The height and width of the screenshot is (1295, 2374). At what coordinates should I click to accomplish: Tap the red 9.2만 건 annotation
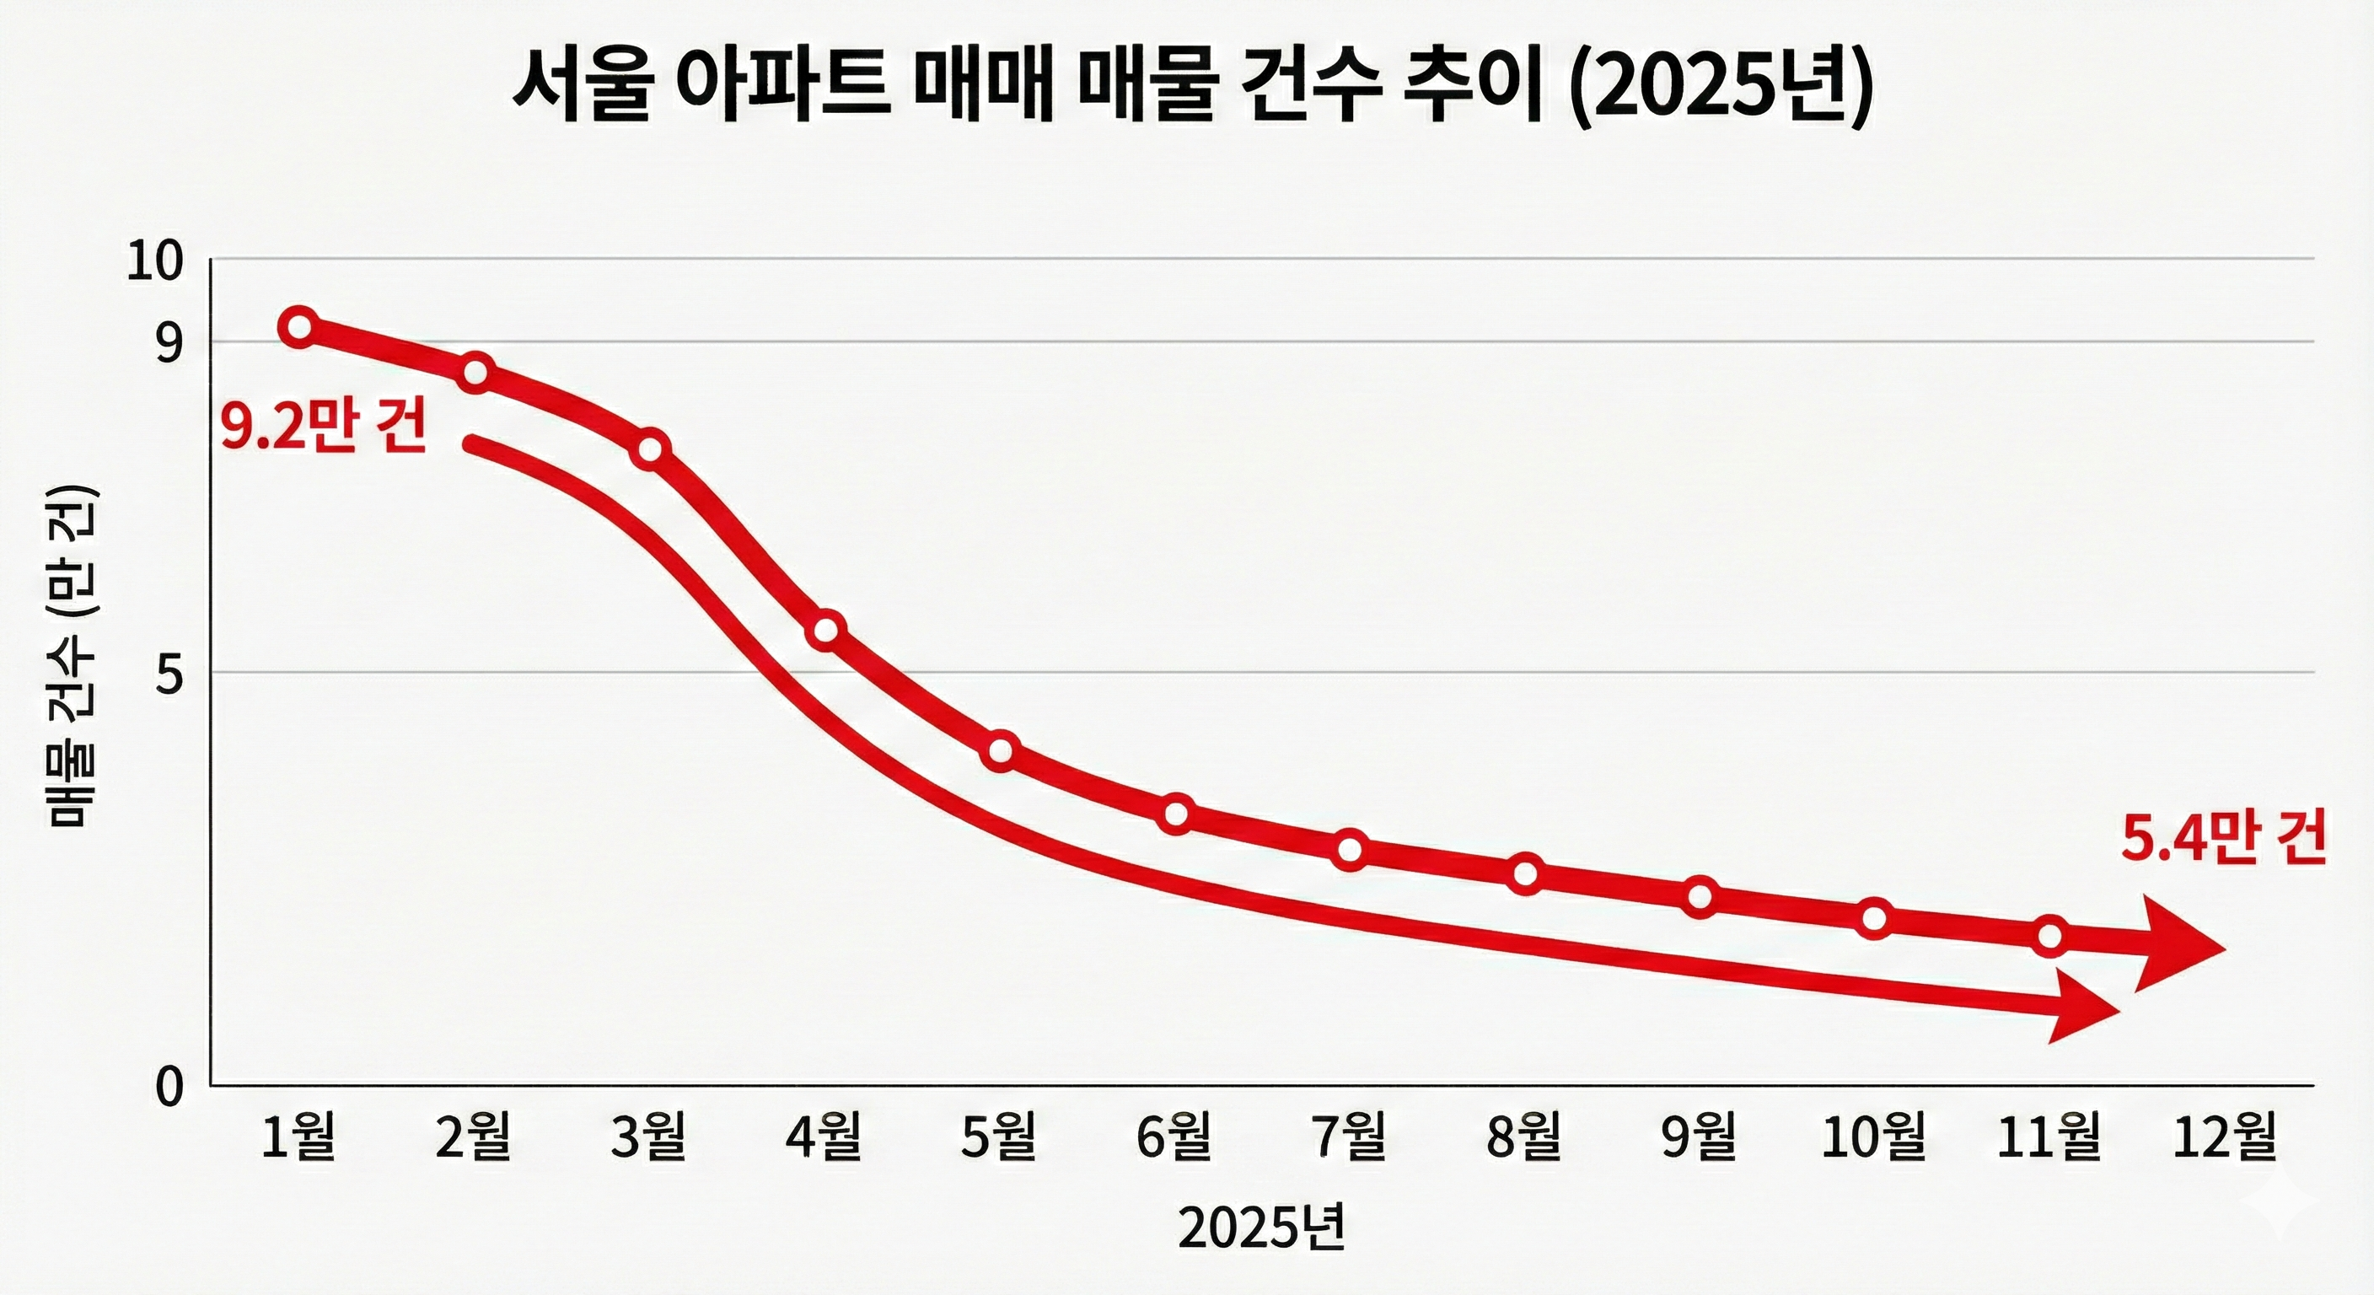pyautogui.click(x=324, y=428)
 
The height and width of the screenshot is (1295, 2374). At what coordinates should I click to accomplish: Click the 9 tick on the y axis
pyautogui.click(x=169, y=344)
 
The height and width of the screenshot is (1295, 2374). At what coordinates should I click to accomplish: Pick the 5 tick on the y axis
pyautogui.click(x=169, y=678)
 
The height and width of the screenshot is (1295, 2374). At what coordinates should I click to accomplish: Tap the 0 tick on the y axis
pyautogui.click(x=169, y=1088)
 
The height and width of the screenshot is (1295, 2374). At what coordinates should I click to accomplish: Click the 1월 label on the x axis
pyautogui.click(x=298, y=1137)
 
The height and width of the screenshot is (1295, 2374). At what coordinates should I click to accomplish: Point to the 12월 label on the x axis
pyautogui.click(x=2225, y=1137)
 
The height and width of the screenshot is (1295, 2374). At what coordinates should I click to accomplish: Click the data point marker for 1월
pyautogui.click(x=300, y=327)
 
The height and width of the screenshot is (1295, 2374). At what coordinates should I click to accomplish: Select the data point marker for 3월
pyautogui.click(x=651, y=449)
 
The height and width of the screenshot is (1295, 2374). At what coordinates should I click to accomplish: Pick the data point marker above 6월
pyautogui.click(x=1176, y=814)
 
